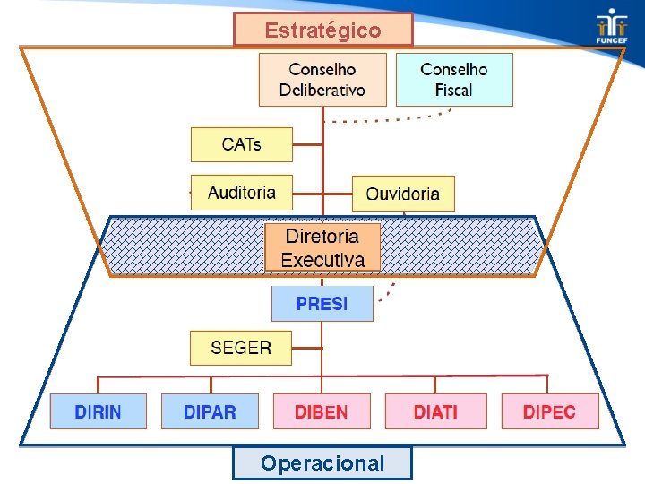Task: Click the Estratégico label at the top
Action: click(x=322, y=30)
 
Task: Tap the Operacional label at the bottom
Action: click(x=322, y=463)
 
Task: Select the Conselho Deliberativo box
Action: click(x=322, y=79)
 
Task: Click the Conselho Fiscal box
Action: click(x=454, y=79)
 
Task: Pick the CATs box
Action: click(x=242, y=144)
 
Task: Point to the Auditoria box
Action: click(x=242, y=192)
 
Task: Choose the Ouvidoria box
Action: click(x=403, y=194)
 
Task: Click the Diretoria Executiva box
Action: click(x=322, y=247)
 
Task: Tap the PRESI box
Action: click(x=322, y=304)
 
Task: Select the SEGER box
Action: click(x=241, y=348)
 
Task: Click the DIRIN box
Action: click(x=99, y=411)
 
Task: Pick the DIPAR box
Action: click(x=210, y=411)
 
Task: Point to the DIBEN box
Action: click(x=322, y=411)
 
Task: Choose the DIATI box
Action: click(x=435, y=411)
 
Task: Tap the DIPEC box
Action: click(x=549, y=411)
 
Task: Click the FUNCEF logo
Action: click(x=612, y=27)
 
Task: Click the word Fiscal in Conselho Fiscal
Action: click(x=454, y=90)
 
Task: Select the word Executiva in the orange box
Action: click(x=322, y=260)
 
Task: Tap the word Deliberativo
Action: click(x=322, y=90)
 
